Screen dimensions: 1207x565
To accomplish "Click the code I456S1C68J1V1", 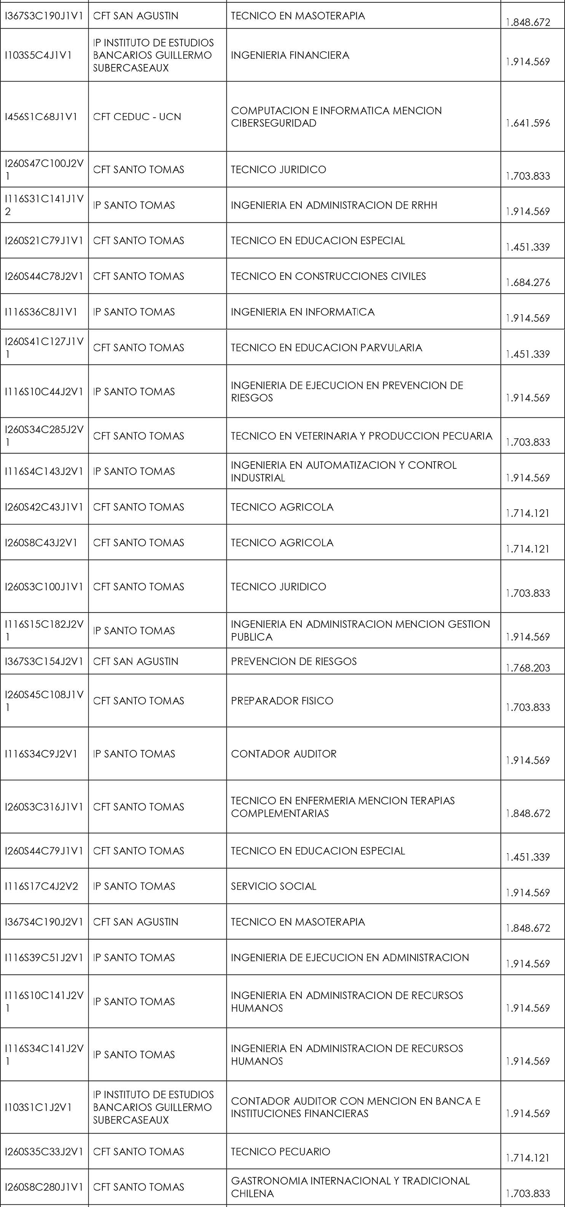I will tap(41, 117).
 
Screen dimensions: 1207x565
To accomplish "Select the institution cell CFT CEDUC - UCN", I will tap(137, 117).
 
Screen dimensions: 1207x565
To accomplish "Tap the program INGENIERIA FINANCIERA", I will tap(290, 55).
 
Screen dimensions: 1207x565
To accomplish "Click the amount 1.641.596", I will tap(528, 123).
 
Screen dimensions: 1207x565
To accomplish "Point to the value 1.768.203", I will tap(528, 668).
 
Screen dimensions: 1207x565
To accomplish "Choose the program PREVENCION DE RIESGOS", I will tap(293, 661).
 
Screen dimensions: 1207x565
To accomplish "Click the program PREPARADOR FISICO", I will tap(282, 700).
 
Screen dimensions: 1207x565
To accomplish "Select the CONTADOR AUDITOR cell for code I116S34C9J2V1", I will tap(284, 753).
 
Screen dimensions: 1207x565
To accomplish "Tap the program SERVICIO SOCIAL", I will tap(274, 886).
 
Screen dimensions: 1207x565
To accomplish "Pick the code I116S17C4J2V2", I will tap(41, 886).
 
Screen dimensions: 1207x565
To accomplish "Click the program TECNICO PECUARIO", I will tap(280, 1151).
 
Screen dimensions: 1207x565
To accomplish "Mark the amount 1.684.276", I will tap(528, 283).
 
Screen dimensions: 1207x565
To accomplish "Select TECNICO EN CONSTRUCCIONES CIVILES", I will tap(328, 276).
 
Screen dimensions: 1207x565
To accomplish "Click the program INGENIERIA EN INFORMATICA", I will tap(302, 312).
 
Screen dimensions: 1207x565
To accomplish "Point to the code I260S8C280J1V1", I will tap(43, 1187).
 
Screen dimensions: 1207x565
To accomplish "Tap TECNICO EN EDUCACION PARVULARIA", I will tap(326, 347).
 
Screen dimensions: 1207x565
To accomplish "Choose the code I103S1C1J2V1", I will tap(38, 1107).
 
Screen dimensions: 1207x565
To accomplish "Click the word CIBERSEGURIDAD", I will tap(274, 123).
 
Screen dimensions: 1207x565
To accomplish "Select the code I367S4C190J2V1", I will tap(43, 921).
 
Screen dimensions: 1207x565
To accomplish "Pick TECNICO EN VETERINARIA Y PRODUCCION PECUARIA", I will tap(361, 436).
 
